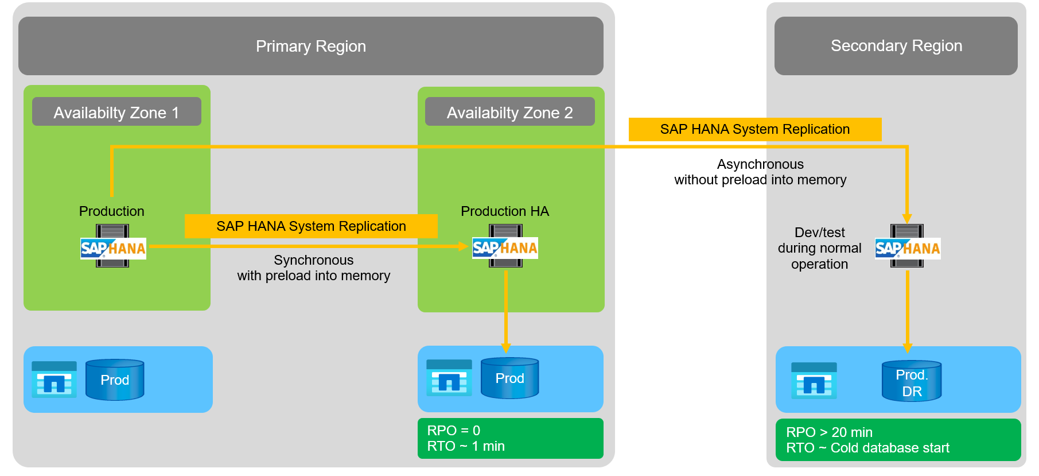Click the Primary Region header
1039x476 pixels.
[x=310, y=46]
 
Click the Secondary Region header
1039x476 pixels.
[x=896, y=46]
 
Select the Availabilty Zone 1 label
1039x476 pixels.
[x=116, y=112]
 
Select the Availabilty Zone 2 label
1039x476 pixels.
[x=509, y=112]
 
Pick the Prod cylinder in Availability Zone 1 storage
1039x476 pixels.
[x=115, y=380]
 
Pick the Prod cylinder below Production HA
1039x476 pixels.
[x=509, y=378]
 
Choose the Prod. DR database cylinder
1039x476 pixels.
[x=912, y=382]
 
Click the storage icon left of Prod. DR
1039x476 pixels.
[x=814, y=380]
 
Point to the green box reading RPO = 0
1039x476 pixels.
[x=510, y=438]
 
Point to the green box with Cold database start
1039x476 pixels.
[x=898, y=440]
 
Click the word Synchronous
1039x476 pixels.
[x=313, y=260]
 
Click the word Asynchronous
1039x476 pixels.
[x=760, y=164]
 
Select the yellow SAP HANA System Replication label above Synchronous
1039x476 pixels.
[x=311, y=226]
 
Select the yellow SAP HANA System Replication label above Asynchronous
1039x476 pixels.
[x=755, y=129]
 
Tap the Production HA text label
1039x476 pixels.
[x=505, y=211]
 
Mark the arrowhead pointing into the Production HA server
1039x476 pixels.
[x=464, y=246]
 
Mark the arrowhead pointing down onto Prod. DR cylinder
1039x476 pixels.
[x=908, y=348]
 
